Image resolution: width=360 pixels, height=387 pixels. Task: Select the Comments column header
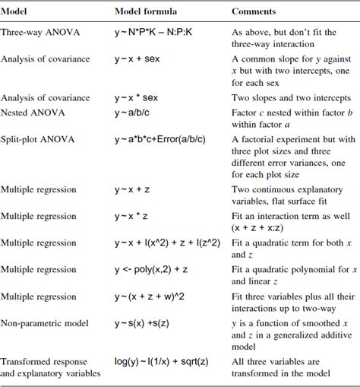(254, 11)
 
